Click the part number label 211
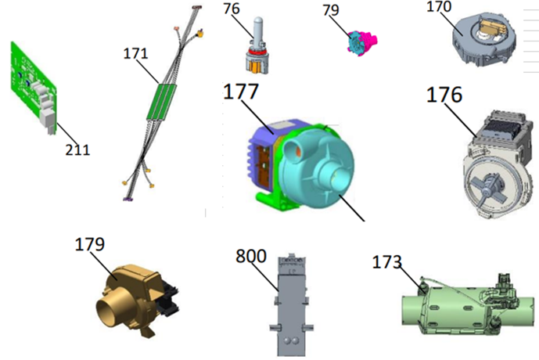[77, 150]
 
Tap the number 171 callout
[135, 53]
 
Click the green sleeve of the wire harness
[162, 102]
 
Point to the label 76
[232, 9]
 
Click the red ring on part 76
[257, 52]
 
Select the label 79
[331, 10]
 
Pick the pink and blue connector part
[362, 42]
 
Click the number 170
[439, 6]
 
